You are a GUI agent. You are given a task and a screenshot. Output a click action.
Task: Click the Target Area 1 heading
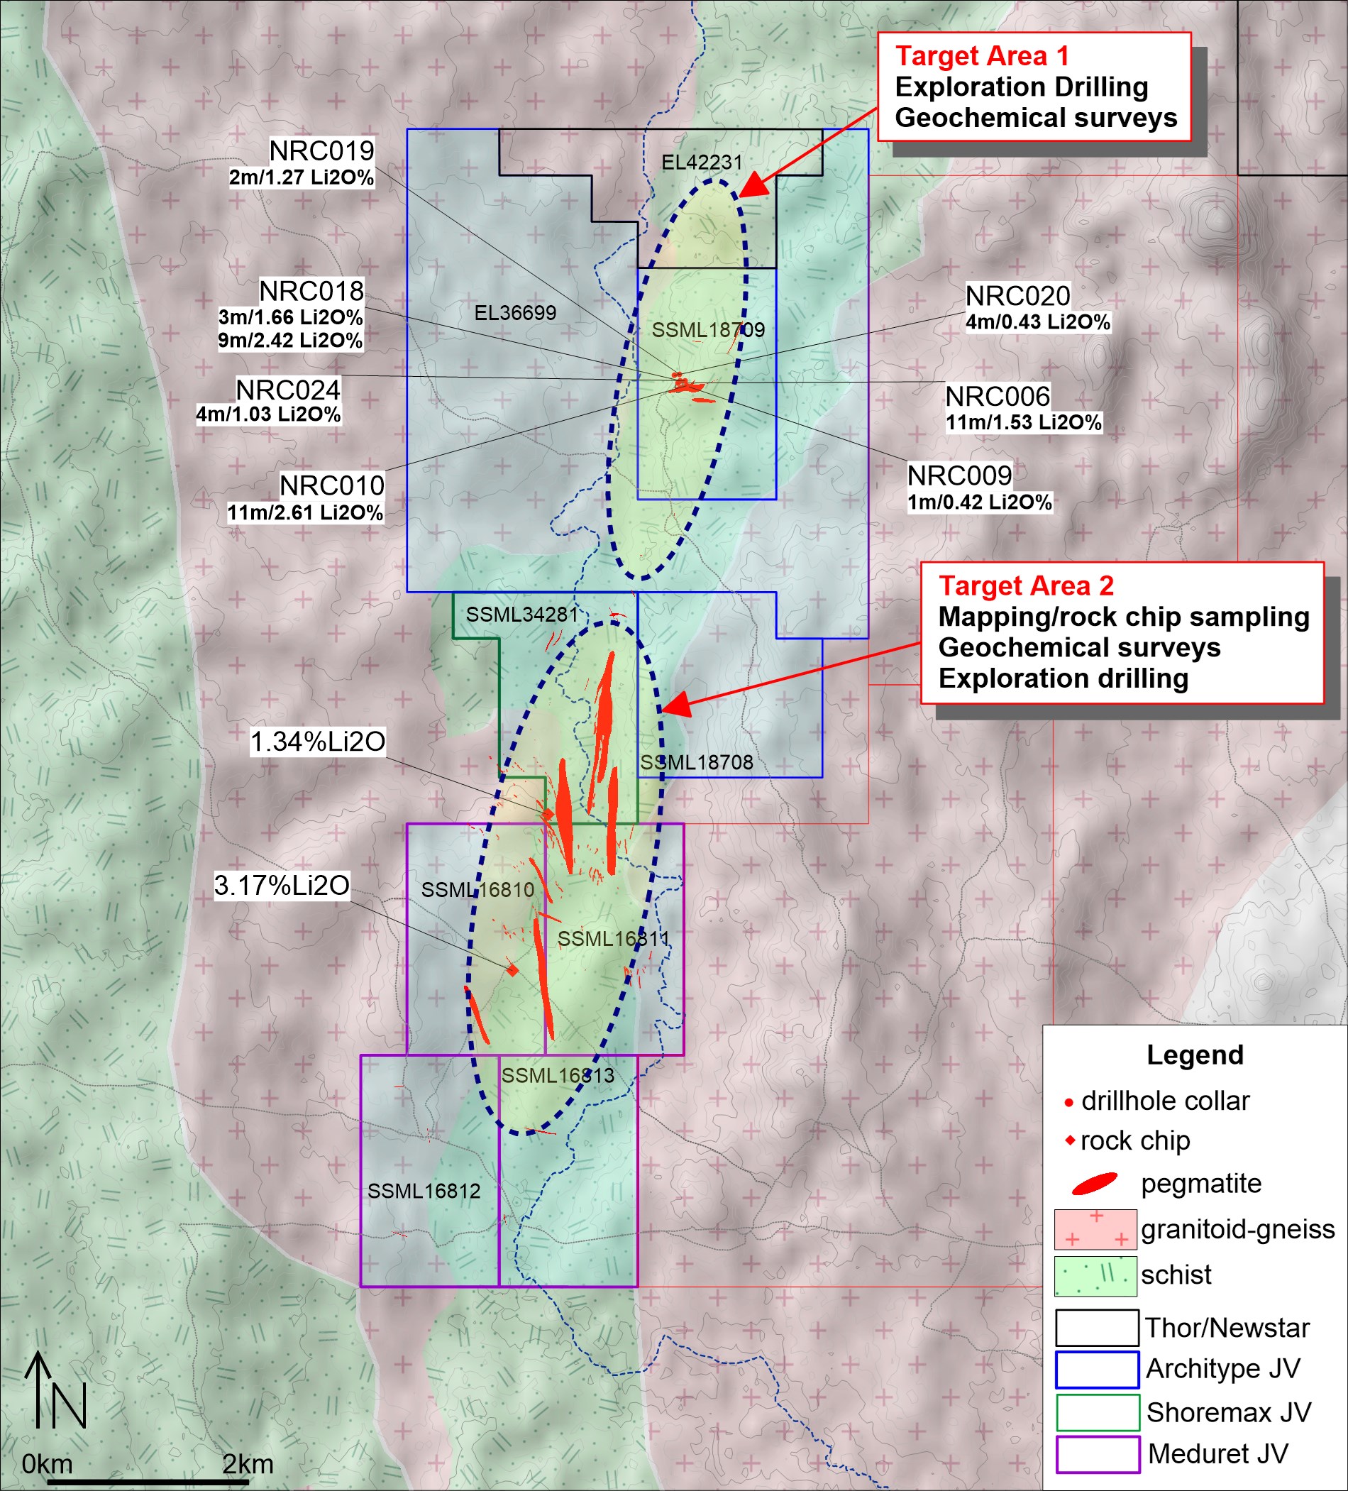[982, 56]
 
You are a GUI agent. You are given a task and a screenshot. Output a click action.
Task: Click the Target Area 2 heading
[1026, 585]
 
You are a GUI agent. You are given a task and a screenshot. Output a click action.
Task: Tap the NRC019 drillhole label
[321, 151]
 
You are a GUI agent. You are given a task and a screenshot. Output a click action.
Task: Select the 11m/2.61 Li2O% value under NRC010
[304, 512]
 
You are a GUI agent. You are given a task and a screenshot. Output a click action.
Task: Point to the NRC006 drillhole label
[998, 397]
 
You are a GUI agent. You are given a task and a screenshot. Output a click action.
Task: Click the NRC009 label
[959, 475]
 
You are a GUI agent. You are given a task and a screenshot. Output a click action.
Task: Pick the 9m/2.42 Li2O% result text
[290, 340]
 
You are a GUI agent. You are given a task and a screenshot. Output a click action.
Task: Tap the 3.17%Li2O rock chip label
[282, 885]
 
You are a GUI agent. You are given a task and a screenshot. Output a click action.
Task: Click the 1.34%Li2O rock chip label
[318, 742]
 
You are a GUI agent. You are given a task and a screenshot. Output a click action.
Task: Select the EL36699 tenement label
[514, 313]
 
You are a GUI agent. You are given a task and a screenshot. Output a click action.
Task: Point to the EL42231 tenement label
[701, 162]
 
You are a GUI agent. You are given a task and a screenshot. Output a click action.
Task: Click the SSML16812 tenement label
[424, 1191]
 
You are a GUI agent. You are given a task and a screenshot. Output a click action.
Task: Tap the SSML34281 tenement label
[521, 614]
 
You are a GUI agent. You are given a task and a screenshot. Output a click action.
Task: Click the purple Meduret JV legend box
[1097, 1454]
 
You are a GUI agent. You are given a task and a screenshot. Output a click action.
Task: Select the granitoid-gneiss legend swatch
[1095, 1229]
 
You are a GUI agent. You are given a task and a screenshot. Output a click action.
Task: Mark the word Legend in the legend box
[1194, 1055]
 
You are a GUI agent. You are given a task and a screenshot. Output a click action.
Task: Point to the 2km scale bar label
[248, 1463]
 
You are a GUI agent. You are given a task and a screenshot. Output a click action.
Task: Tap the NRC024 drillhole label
[287, 390]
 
